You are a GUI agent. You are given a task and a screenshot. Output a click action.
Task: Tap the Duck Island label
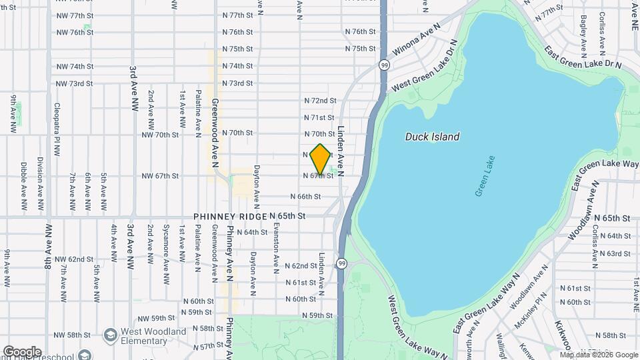point(432,137)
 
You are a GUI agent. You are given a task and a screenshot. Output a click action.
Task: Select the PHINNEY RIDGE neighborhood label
point(230,217)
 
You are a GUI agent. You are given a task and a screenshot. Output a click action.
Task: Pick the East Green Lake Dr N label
point(582,57)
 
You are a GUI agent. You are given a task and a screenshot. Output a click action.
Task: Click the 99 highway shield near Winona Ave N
point(385,65)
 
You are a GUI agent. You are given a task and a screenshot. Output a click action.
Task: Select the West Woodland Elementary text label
point(153,337)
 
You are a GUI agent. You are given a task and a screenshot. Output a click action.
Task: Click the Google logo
point(22,351)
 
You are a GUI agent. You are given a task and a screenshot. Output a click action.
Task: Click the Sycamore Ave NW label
point(165,254)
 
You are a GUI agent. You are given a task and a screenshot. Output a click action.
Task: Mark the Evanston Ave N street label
point(275,247)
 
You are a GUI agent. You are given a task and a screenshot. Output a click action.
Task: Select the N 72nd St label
point(320,101)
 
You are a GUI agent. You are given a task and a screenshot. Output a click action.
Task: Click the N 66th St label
point(305,197)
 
